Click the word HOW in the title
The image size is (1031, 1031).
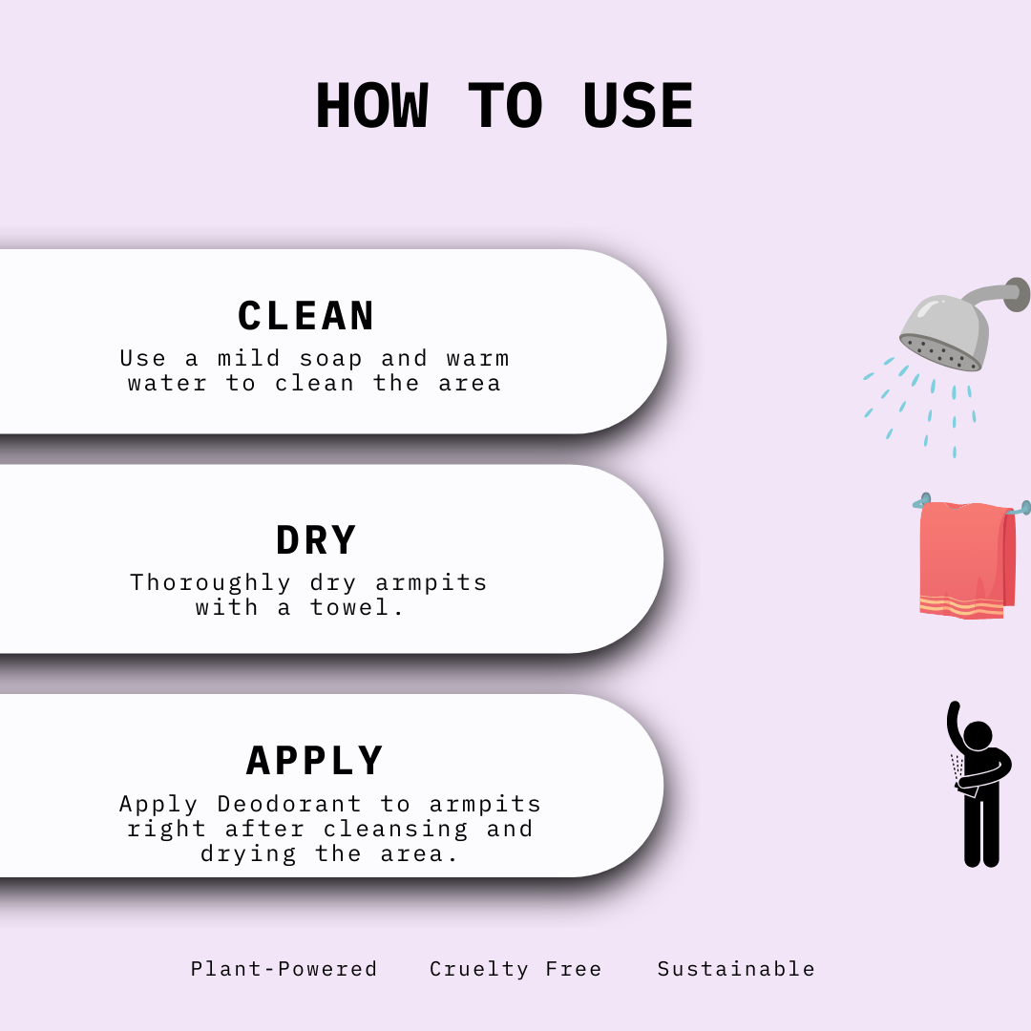coord(371,106)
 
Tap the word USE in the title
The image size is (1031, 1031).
coord(638,106)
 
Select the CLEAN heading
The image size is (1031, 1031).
coord(306,316)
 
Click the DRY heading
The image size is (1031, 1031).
coord(316,540)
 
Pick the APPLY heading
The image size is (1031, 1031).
coord(315,761)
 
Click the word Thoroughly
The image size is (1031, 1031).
coord(210,582)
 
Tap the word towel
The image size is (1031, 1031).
coord(357,607)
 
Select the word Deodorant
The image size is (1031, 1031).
coord(289,804)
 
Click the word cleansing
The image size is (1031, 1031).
coord(395,829)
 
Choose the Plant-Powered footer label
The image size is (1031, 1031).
coord(284,969)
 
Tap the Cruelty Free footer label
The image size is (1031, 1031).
coord(515,969)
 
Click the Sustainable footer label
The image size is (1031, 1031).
coord(736,969)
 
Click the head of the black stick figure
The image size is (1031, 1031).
coord(978,736)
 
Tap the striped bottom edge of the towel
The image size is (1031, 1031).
coord(961,606)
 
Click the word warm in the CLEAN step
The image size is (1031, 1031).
coord(477,359)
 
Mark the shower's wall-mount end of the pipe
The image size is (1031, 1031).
coord(1019,294)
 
